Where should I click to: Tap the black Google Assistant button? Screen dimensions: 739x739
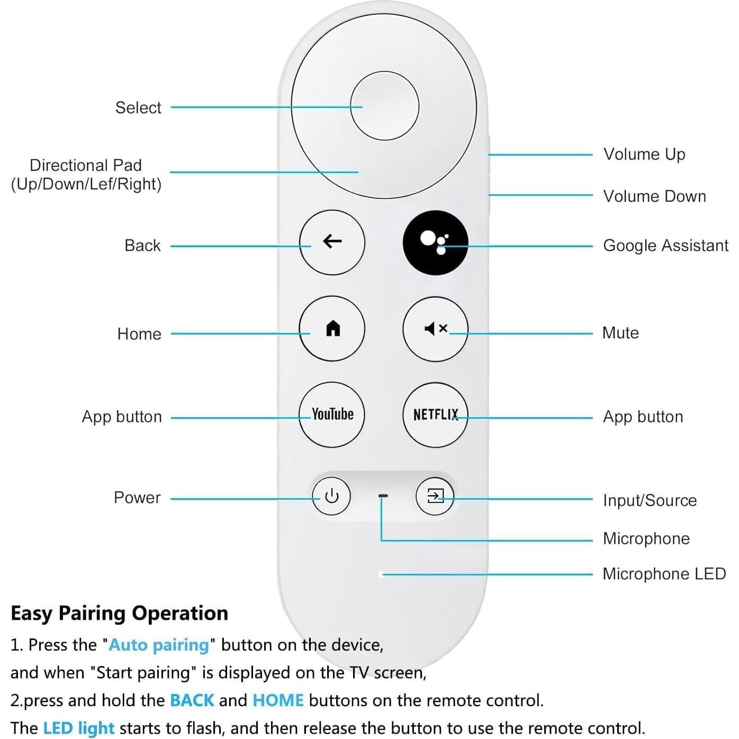435,242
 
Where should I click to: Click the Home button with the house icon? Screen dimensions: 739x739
332,328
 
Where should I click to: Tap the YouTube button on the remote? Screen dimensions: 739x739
332,414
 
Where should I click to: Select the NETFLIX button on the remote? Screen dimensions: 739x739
435,414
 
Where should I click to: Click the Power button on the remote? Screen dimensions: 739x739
331,496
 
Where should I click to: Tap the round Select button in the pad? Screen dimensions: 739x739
384,106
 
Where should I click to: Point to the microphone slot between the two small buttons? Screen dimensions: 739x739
383,496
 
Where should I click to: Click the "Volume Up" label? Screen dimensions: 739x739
644,155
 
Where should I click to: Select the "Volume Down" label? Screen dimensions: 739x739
654,196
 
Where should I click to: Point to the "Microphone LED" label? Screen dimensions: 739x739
664,574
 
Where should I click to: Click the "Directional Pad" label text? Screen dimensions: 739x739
86,165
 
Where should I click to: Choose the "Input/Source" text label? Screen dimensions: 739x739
650,500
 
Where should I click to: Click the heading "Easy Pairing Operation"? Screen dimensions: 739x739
119,613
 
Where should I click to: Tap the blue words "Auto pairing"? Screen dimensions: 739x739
159,645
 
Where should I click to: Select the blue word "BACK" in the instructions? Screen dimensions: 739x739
192,700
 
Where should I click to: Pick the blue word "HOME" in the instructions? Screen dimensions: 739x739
278,700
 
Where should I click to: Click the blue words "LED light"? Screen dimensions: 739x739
78,728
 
